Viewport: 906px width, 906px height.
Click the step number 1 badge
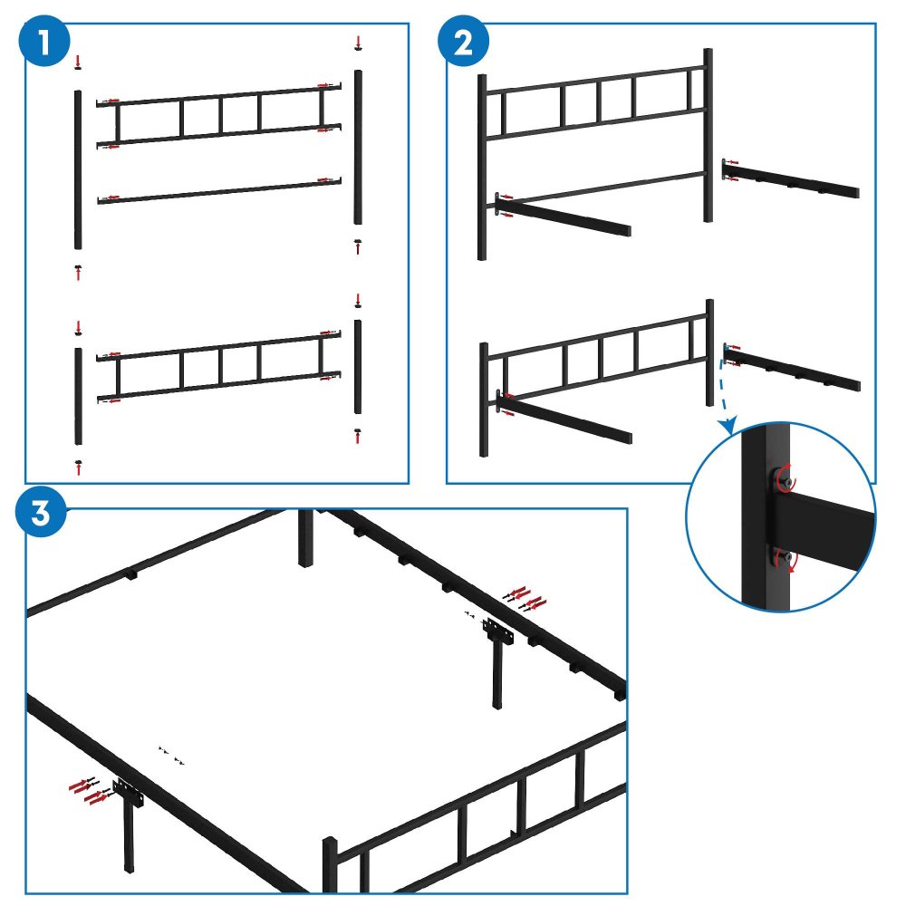44,44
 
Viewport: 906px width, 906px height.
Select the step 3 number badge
42,513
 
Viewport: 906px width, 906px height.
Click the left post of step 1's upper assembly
78,169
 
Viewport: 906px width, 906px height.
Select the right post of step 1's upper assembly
359,147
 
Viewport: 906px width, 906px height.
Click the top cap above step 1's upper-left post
78,62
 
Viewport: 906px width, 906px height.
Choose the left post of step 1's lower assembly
78,396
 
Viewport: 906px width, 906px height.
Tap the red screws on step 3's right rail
525,597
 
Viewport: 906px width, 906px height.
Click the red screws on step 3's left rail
89,789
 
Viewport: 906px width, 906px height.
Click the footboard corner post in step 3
330,865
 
